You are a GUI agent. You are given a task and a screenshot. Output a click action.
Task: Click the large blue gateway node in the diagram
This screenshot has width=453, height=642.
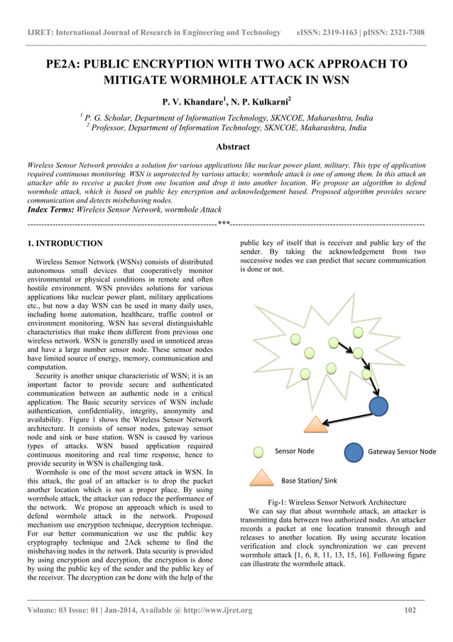[378, 406]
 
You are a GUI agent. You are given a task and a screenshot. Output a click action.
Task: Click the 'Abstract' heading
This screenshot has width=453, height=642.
[232, 147]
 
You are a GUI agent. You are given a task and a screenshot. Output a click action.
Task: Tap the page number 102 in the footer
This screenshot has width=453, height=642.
[409, 610]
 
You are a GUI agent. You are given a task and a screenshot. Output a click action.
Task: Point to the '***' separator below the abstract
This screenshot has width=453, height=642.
[223, 224]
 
